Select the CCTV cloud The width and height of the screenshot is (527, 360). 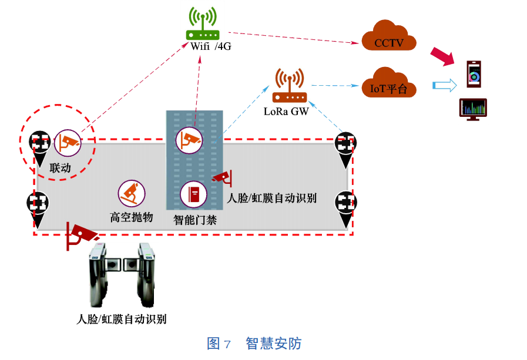[389, 38]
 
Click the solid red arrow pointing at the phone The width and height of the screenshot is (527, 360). [443, 56]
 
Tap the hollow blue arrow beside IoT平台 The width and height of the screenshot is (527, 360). [444, 86]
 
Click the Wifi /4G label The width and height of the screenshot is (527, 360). [210, 47]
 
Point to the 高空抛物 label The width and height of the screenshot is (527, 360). [132, 217]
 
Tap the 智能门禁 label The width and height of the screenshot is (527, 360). [195, 220]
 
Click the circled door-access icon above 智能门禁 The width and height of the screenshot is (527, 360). [193, 194]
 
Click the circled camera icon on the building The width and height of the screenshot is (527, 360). [189, 140]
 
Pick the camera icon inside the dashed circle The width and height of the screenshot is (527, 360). [67, 142]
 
